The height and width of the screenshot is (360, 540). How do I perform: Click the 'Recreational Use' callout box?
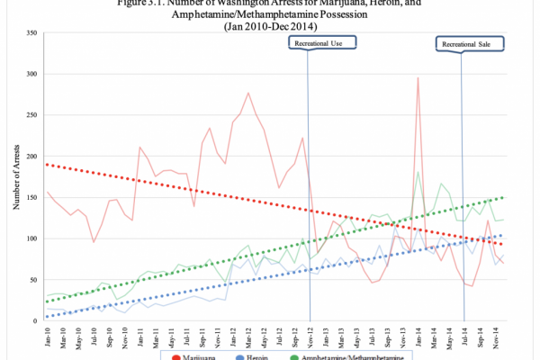tap(321, 42)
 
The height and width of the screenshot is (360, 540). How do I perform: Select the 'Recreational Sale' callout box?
tap(466, 42)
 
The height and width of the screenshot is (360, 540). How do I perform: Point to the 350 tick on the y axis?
tap(32, 33)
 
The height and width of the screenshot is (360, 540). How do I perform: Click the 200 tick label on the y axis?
tap(32, 157)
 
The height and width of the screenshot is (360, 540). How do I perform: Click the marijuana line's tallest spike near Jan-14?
tap(418, 77)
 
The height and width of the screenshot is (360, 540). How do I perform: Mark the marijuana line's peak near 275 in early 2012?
tap(248, 93)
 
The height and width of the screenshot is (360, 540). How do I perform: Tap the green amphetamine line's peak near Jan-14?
tap(418, 172)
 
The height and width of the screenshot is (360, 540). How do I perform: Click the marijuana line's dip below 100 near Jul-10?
tap(93, 242)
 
